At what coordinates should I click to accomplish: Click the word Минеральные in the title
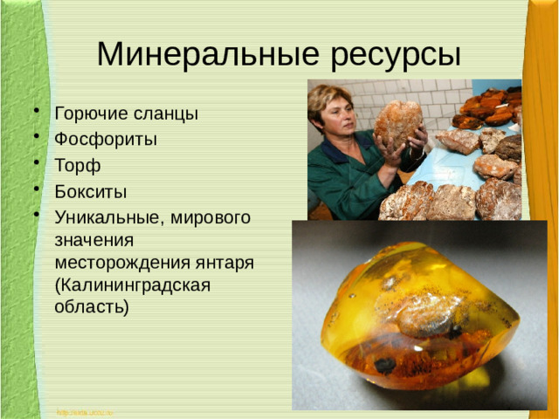pyautogui.click(x=209, y=54)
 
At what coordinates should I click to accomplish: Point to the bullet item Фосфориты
pyautogui.click(x=106, y=140)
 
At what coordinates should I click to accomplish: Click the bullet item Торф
pyautogui.click(x=78, y=166)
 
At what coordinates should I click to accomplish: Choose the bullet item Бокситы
pyautogui.click(x=91, y=191)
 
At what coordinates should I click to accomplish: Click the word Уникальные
pyautogui.click(x=105, y=216)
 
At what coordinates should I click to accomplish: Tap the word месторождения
pyautogui.click(x=120, y=262)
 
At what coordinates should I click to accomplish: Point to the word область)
pyautogui.click(x=91, y=307)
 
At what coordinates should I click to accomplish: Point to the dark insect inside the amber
pyautogui.click(x=385, y=364)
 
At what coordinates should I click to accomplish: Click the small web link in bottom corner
pyautogui.click(x=85, y=411)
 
